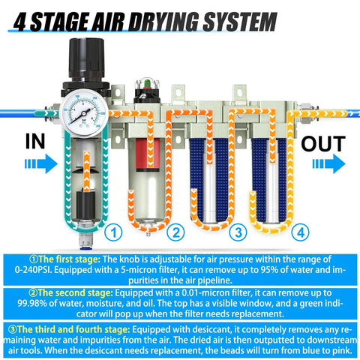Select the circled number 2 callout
[x=176, y=232]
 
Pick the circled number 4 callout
[x=299, y=232]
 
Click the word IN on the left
[x=38, y=141]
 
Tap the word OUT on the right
[x=323, y=143]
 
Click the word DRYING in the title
[x=175, y=22]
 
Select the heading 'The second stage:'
[x=70, y=292]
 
